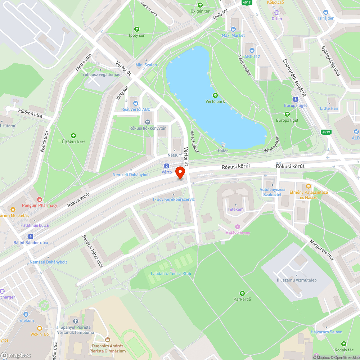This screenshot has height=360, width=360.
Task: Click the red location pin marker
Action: [x=180, y=174]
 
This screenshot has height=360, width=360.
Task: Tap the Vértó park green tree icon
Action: [x=215, y=95]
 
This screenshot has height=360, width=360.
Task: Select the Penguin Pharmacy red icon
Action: [x=40, y=199]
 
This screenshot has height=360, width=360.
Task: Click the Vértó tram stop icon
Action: [x=166, y=166]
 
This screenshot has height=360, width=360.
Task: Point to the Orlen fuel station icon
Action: [x=276, y=13]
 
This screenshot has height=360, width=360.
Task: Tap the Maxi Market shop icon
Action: [x=233, y=29]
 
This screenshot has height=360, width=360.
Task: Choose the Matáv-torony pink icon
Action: [x=237, y=227]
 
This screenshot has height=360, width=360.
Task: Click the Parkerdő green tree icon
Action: [x=242, y=293]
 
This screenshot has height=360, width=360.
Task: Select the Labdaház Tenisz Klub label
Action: [x=171, y=274]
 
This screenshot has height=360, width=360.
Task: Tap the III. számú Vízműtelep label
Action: [x=297, y=280]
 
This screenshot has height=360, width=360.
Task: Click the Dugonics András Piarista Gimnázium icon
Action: [x=107, y=339]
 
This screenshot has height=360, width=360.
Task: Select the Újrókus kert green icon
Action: [x=73, y=136]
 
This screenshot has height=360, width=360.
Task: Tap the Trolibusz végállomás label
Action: [x=100, y=75]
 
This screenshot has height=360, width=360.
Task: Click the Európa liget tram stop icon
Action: [x=296, y=99]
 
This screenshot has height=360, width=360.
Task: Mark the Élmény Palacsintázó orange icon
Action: [x=308, y=186]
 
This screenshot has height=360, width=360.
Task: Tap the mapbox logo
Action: [x=16, y=355]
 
